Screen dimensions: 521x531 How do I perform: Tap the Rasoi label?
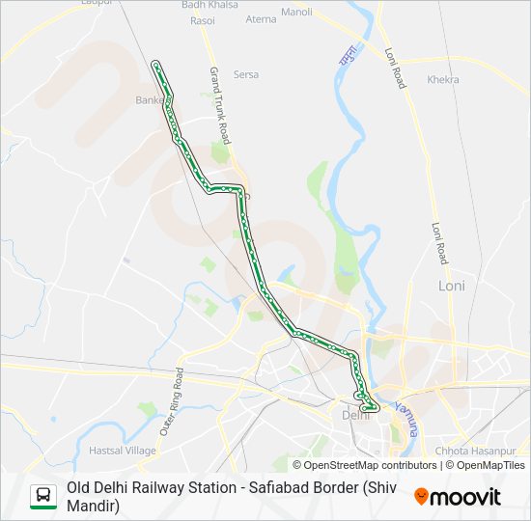coord(203,19)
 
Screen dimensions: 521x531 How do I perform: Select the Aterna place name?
coord(261,19)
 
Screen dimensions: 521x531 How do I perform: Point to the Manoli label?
coord(296,13)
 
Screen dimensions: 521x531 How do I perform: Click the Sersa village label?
coord(246,74)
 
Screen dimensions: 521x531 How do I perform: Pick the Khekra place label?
coord(443,79)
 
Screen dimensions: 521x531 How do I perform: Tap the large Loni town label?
coord(452,286)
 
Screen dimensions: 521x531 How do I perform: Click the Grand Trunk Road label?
coord(219,102)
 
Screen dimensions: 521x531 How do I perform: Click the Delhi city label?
coord(355,415)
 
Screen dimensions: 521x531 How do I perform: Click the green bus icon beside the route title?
coord(43,496)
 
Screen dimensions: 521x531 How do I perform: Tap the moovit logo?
coord(458,497)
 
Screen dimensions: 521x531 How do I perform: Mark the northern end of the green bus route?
coord(155,64)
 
